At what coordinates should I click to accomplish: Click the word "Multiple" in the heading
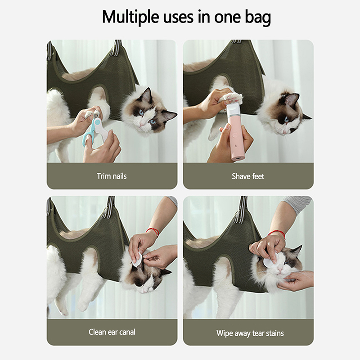pyautogui.click(x=130, y=17)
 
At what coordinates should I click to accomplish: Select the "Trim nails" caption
pyautogui.click(x=112, y=176)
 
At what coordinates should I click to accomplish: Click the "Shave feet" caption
pyautogui.click(x=248, y=176)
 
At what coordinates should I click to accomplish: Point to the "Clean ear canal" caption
pyautogui.click(x=112, y=332)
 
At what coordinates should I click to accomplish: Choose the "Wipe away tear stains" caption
pyautogui.click(x=250, y=333)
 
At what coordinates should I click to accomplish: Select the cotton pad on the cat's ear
pyautogui.click(x=138, y=260)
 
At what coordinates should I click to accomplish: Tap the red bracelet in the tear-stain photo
pyautogui.click(x=277, y=234)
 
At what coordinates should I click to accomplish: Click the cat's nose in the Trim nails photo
pyautogui.click(x=141, y=124)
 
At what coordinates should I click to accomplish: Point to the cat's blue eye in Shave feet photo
pyautogui.click(x=286, y=119)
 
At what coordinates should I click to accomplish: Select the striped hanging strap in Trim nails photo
pyautogui.click(x=117, y=48)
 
